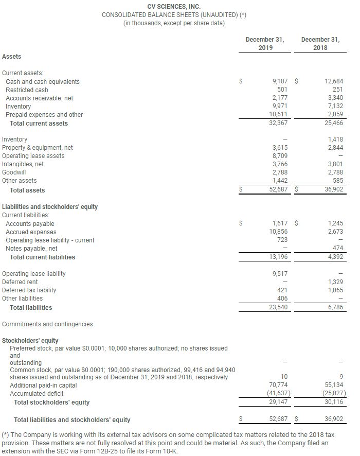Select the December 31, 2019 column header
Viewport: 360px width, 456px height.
265,43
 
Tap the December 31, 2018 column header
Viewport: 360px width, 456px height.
320,43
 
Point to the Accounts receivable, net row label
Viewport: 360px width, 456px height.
39,98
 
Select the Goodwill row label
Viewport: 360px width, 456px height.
14,172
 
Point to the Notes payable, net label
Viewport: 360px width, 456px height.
31,249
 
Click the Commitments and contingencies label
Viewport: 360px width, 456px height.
47,324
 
